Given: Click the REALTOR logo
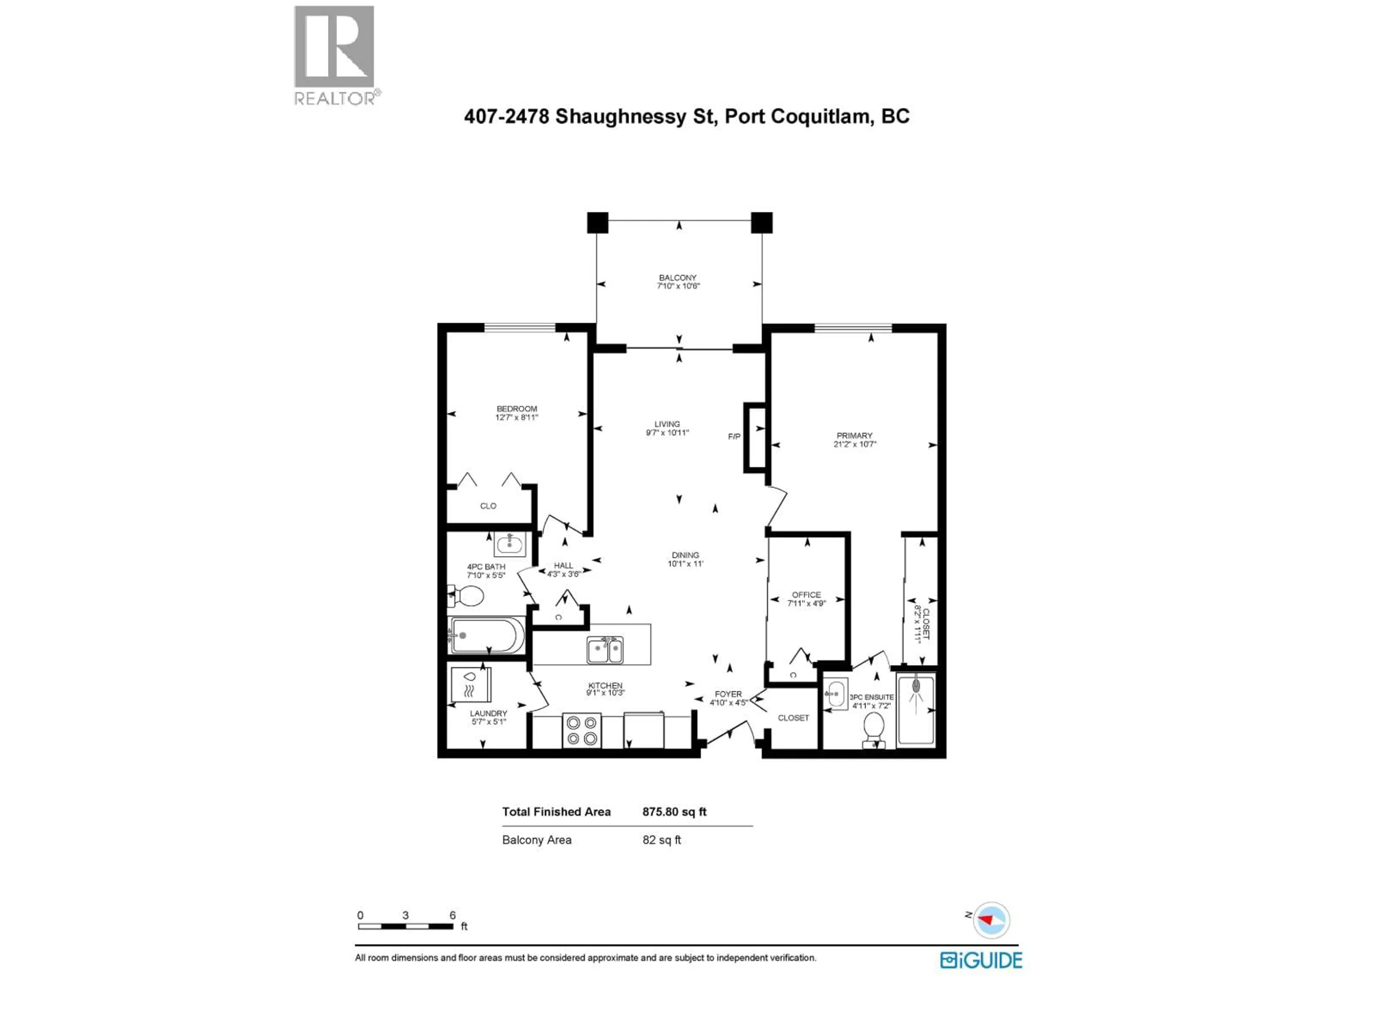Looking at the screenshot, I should (334, 55).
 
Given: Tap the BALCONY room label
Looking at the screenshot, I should (678, 278).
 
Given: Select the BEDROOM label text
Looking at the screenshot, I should (516, 408).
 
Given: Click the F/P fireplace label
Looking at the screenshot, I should (734, 436).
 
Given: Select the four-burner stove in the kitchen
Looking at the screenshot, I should (582, 730).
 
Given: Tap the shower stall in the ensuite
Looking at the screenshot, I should (916, 709).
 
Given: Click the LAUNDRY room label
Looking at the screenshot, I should (488, 713).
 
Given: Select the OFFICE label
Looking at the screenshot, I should (806, 594).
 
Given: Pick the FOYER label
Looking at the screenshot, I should (728, 694).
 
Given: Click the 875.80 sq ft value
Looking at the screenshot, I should (674, 811).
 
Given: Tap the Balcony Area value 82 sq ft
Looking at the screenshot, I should (662, 840).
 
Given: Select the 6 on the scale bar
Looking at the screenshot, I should (453, 915).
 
